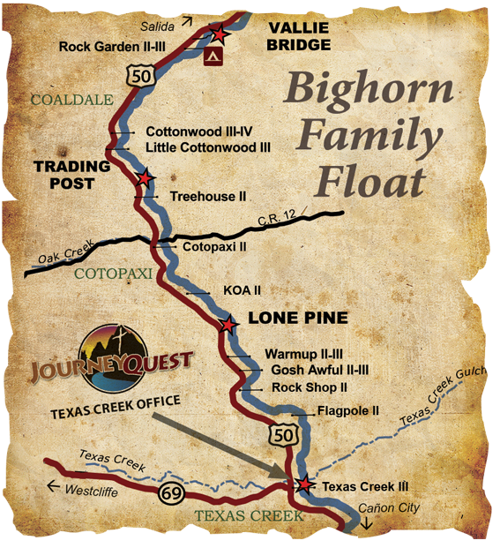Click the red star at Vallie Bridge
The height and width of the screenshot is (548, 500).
pyautogui.click(x=220, y=35)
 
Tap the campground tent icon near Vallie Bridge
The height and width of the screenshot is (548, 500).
pyautogui.click(x=211, y=56)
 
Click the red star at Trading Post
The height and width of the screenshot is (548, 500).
pyautogui.click(x=145, y=178)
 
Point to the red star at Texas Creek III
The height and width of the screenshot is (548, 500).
pyautogui.click(x=304, y=484)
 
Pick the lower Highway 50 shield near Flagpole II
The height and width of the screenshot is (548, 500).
pyautogui.click(x=282, y=433)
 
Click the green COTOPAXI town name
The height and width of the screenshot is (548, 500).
pyautogui.click(x=108, y=274)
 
